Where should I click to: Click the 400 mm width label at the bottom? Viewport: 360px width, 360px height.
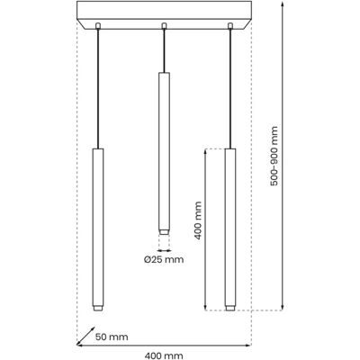(x=164, y=355)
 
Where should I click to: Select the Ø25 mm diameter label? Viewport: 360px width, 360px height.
(x=164, y=259)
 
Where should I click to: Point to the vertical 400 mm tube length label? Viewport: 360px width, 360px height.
(x=197, y=220)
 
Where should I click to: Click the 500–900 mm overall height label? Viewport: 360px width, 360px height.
(x=274, y=156)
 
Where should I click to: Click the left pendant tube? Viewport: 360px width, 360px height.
(x=97, y=229)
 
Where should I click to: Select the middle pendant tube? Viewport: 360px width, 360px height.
(x=164, y=153)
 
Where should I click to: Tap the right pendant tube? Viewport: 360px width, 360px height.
(x=230, y=229)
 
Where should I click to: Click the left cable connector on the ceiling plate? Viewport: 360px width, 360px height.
(x=97, y=26)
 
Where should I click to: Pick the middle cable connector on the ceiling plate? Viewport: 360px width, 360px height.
(x=164, y=26)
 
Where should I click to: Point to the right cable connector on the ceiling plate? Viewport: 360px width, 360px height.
(x=230, y=26)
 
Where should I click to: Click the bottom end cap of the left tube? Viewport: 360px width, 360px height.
(x=97, y=309)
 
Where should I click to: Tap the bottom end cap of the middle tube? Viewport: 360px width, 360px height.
(x=164, y=232)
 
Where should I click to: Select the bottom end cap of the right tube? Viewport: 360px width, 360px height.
(x=230, y=309)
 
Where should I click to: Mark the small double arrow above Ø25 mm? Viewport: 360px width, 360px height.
(x=164, y=250)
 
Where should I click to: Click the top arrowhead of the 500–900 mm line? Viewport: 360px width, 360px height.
(x=283, y=4)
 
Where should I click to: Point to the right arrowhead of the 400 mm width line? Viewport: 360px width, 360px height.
(x=248, y=346)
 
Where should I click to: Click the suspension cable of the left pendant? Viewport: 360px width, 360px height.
(x=97, y=88)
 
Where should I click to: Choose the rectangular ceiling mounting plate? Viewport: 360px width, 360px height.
(x=165, y=15)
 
